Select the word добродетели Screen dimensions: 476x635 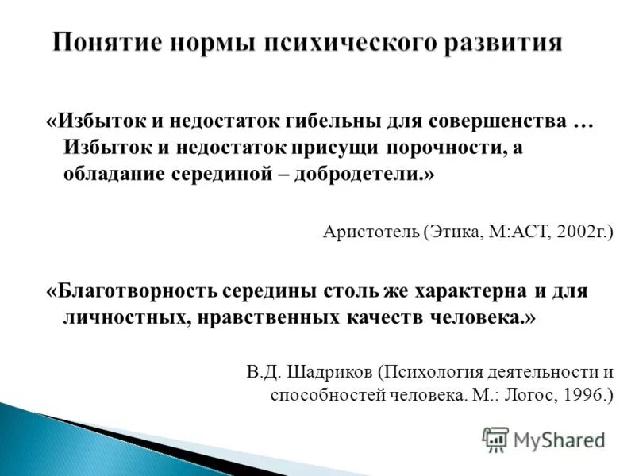point(371,173)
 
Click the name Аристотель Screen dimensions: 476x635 point(371,232)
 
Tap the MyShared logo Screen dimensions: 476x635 point(543,440)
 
